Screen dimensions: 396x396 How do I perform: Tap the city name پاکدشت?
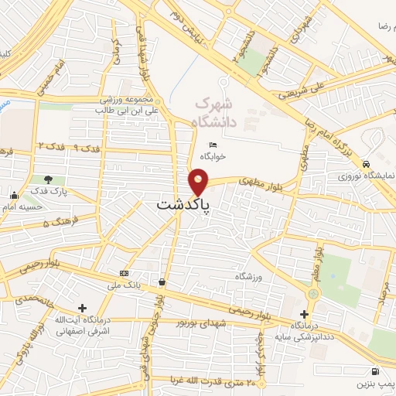tap(183, 206)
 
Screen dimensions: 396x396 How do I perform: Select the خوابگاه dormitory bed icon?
tap(213, 145)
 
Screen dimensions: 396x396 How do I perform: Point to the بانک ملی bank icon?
tap(124, 274)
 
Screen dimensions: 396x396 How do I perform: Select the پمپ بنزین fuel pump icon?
tap(375, 370)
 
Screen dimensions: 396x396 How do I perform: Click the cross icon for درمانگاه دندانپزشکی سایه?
tap(303, 314)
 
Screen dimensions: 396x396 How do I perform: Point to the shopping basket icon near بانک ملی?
tap(161, 282)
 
